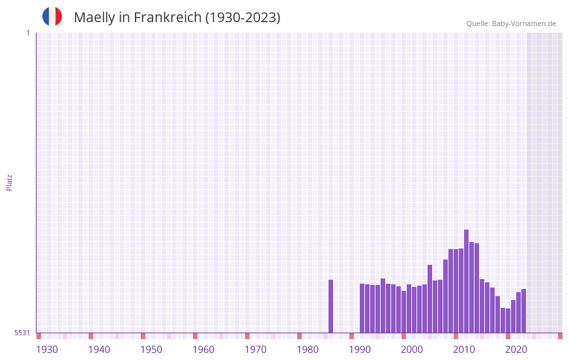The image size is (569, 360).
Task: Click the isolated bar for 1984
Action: (330, 306)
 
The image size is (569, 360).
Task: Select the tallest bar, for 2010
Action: (466, 281)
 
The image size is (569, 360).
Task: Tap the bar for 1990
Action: (362, 308)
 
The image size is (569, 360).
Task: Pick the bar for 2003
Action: (430, 299)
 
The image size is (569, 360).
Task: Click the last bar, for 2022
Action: (523, 310)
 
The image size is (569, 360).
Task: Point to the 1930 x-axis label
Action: (47, 350)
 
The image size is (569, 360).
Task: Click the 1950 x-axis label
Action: (151, 350)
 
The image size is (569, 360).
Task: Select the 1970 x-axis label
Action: (255, 350)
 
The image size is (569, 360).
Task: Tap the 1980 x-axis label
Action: (308, 350)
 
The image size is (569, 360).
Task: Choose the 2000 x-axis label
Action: (412, 350)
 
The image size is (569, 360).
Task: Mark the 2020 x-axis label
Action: (516, 350)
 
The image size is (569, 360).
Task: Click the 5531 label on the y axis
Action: (22, 333)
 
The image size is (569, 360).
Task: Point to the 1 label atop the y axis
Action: (27, 33)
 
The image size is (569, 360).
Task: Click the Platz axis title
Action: (9, 182)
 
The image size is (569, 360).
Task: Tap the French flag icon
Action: (52, 16)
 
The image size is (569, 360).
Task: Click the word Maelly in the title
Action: (94, 18)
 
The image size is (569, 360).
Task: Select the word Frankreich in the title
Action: (168, 18)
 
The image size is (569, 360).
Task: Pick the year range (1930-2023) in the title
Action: (242, 18)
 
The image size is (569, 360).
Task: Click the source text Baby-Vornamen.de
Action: (523, 23)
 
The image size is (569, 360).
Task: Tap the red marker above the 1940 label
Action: (91, 336)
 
